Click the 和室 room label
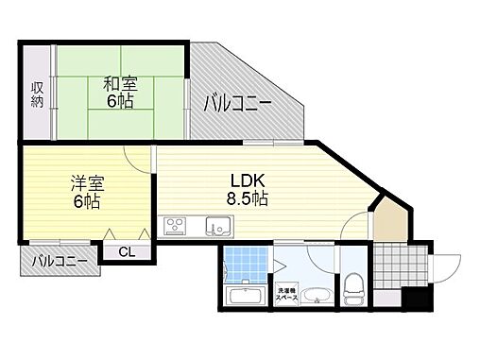click(x=118, y=83)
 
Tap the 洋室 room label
click(x=84, y=183)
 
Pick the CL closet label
click(x=125, y=251)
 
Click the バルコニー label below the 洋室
click(x=59, y=260)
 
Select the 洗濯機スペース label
click(x=287, y=294)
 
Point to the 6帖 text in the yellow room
click(x=85, y=202)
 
